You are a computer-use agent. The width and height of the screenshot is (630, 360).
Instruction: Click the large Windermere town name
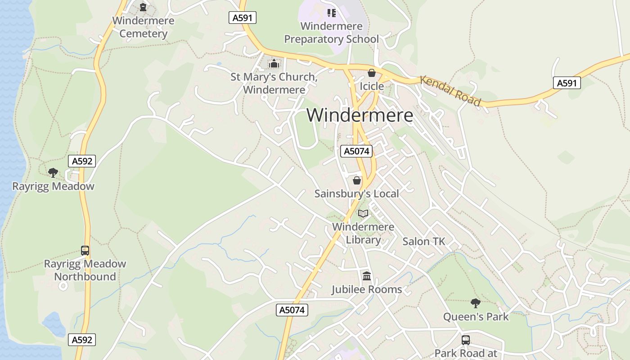pyautogui.click(x=360, y=115)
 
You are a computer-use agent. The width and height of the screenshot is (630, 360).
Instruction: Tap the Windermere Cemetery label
pyautogui.click(x=143, y=27)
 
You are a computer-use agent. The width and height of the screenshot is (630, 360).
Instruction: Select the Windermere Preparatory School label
pyautogui.click(x=331, y=32)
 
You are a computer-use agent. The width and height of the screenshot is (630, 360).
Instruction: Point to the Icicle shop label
pyautogui.click(x=372, y=86)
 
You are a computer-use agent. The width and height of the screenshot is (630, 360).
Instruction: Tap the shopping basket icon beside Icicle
pyautogui.click(x=372, y=73)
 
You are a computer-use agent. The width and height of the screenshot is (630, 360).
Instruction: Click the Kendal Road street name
pyautogui.click(x=450, y=91)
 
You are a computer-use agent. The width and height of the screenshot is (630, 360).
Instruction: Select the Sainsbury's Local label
pyautogui.click(x=356, y=193)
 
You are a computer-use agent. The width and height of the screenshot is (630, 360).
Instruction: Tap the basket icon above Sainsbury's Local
pyautogui.click(x=357, y=180)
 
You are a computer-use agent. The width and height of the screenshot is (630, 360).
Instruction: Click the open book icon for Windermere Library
pyautogui.click(x=363, y=213)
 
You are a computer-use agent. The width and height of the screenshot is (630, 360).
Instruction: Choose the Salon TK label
pyautogui.click(x=423, y=241)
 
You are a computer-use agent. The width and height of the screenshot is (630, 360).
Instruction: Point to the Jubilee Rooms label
pyautogui.click(x=367, y=289)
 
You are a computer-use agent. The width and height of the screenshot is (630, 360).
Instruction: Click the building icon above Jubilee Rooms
pyautogui.click(x=367, y=276)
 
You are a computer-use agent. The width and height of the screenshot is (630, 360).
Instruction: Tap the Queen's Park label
pyautogui.click(x=476, y=316)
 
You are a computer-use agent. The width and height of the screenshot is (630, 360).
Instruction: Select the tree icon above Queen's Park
pyautogui.click(x=475, y=303)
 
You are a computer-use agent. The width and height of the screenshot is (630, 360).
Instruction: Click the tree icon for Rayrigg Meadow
pyautogui.click(x=53, y=173)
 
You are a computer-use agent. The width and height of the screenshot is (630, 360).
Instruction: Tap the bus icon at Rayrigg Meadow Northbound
pyautogui.click(x=85, y=250)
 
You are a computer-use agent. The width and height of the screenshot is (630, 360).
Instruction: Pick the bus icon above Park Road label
pyautogui.click(x=466, y=340)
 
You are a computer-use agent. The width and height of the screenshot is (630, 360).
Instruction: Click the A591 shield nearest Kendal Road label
pyautogui.click(x=567, y=83)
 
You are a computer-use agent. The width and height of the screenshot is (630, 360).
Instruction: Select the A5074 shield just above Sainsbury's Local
pyautogui.click(x=356, y=151)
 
